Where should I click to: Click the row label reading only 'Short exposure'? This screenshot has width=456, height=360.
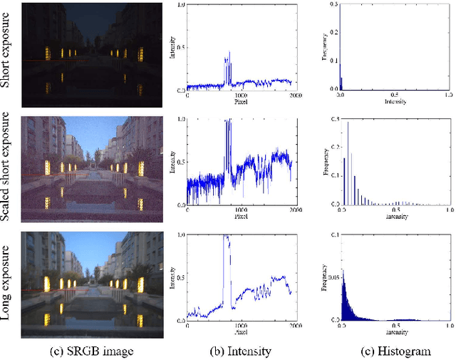coord(7,56)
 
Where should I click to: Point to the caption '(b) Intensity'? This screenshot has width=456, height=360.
coord(239,350)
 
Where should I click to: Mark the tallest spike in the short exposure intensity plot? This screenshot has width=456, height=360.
coord(229,52)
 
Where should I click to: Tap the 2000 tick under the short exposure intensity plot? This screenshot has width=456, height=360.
coord(292,95)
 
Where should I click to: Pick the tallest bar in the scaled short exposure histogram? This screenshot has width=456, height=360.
coord(348,123)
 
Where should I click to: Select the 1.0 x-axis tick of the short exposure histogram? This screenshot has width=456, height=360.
coord(447,95)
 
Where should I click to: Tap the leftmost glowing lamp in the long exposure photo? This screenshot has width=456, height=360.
coord(47,284)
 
